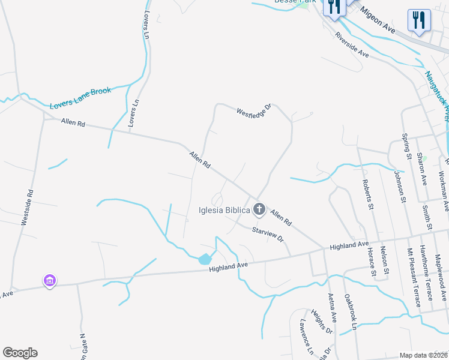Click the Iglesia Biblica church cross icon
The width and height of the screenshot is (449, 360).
pyautogui.click(x=259, y=209)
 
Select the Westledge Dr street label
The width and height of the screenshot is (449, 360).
pyautogui.click(x=254, y=111)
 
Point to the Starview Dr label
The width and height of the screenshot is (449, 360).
pyautogui.click(x=267, y=234)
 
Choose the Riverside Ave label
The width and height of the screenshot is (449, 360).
pyautogui.click(x=352, y=45)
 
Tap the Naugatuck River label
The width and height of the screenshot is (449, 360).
pyautogui.click(x=436, y=96)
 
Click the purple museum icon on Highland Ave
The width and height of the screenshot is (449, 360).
pyautogui.click(x=49, y=280)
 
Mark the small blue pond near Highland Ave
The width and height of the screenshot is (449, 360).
pyautogui.click(x=205, y=259)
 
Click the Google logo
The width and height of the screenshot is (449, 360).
pyautogui.click(x=20, y=353)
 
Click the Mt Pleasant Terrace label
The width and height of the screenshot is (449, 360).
pyautogui.click(x=414, y=277)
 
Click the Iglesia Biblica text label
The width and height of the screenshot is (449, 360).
pyautogui.click(x=224, y=210)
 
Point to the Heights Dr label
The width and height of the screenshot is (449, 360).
pyautogui.click(x=321, y=322)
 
